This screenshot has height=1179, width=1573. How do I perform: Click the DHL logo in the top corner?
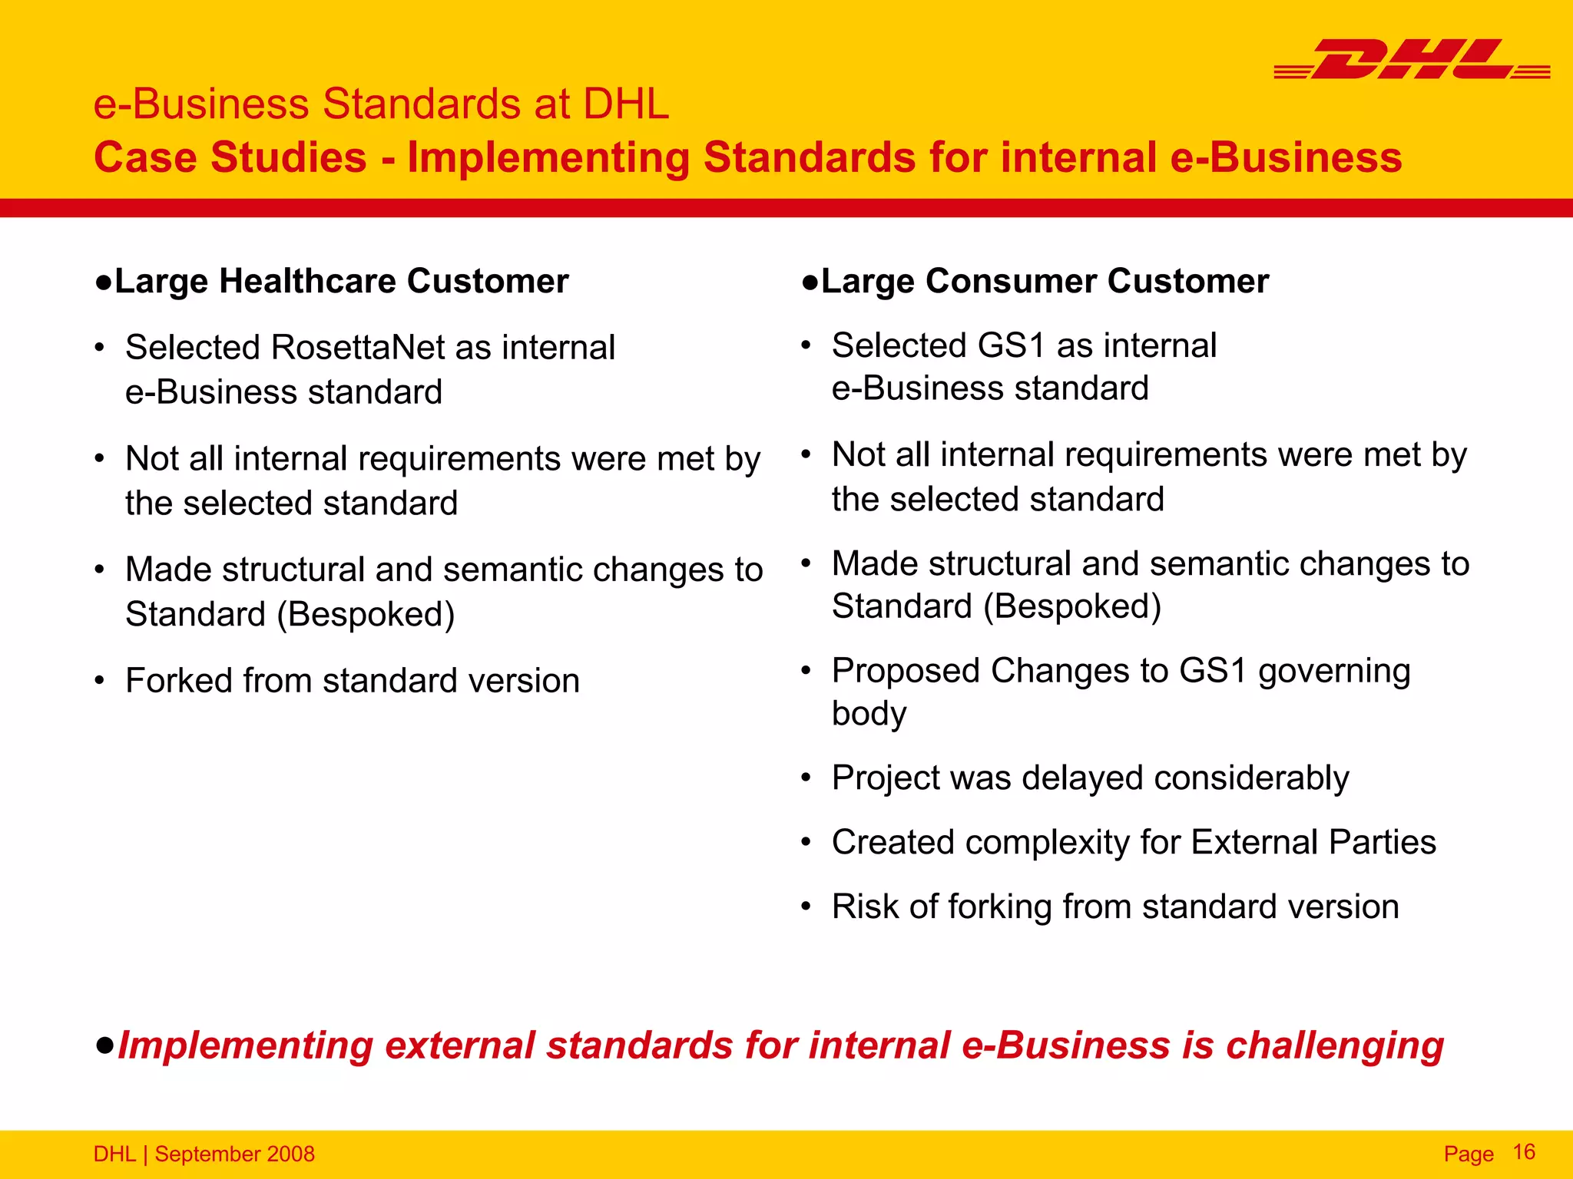[1412, 59]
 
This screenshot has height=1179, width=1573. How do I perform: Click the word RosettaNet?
[358, 347]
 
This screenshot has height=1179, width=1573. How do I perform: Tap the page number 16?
[1523, 1151]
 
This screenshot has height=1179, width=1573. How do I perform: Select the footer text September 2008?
[234, 1154]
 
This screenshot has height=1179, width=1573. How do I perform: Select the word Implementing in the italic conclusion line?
[244, 1046]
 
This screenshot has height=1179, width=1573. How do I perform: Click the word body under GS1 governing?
[869, 715]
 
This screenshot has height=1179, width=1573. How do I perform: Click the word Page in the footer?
[1468, 1154]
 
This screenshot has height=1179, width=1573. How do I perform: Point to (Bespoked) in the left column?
[366, 614]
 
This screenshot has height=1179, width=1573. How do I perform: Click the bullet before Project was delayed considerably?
[806, 778]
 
